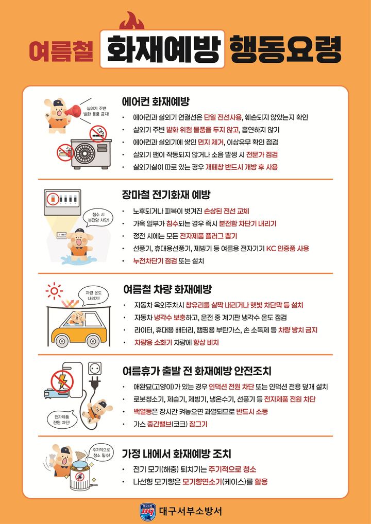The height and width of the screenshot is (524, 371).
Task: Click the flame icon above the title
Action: [130, 22]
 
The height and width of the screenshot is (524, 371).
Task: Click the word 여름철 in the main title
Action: [61, 50]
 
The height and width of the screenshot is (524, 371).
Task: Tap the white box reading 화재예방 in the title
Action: [162, 50]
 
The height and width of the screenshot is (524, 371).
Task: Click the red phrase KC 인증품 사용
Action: [287, 249]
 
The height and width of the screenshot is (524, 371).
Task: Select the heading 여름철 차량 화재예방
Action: [167, 289]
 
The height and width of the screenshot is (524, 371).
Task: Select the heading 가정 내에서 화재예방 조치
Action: [176, 454]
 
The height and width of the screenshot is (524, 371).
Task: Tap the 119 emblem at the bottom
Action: [147, 511]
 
